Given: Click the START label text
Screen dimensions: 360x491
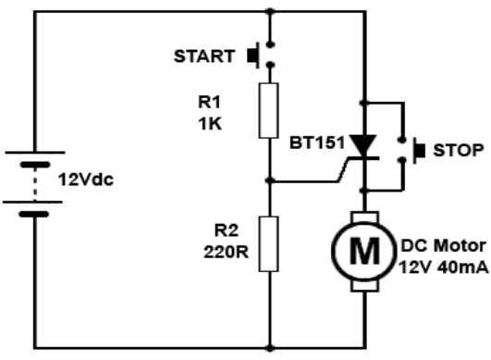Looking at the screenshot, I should pyautogui.click(x=204, y=56).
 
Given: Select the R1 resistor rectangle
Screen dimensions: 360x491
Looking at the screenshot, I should pyautogui.click(x=269, y=108).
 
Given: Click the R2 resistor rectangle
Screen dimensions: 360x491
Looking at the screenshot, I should pyautogui.click(x=269, y=243).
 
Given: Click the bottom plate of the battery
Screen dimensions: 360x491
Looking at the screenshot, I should pyautogui.click(x=36, y=213).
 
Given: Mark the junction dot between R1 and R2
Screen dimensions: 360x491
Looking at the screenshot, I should pyautogui.click(x=269, y=180).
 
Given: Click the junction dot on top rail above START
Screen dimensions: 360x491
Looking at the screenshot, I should pyautogui.click(x=269, y=11).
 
